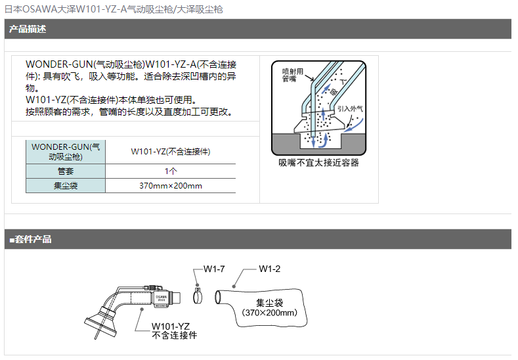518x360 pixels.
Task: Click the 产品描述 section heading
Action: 28,29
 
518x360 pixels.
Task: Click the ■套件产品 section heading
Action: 30,239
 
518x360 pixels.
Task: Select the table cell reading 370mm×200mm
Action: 171,186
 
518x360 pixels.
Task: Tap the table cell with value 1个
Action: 171,171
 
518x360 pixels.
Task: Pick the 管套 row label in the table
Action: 66,171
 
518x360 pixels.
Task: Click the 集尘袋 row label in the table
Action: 66,186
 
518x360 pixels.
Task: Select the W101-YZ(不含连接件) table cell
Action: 171,152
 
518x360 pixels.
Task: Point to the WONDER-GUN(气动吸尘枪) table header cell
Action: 66,152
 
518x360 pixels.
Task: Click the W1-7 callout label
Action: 214,269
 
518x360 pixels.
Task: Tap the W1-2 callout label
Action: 270,269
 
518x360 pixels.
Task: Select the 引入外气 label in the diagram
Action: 350,109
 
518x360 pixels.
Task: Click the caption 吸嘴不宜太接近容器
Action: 318,163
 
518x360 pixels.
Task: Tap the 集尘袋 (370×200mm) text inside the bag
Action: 270,307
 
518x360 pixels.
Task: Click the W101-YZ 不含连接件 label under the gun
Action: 174,331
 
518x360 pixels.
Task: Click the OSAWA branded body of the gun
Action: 162,299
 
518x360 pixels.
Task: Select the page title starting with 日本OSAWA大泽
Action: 114,9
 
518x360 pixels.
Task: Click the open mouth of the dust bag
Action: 218,297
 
